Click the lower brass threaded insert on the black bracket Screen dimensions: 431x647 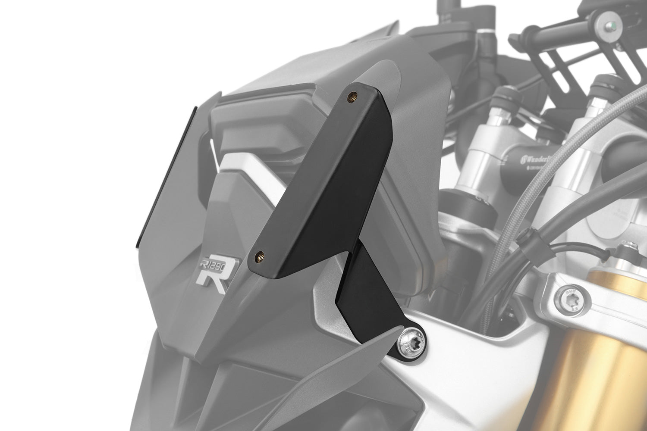click(260, 254)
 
